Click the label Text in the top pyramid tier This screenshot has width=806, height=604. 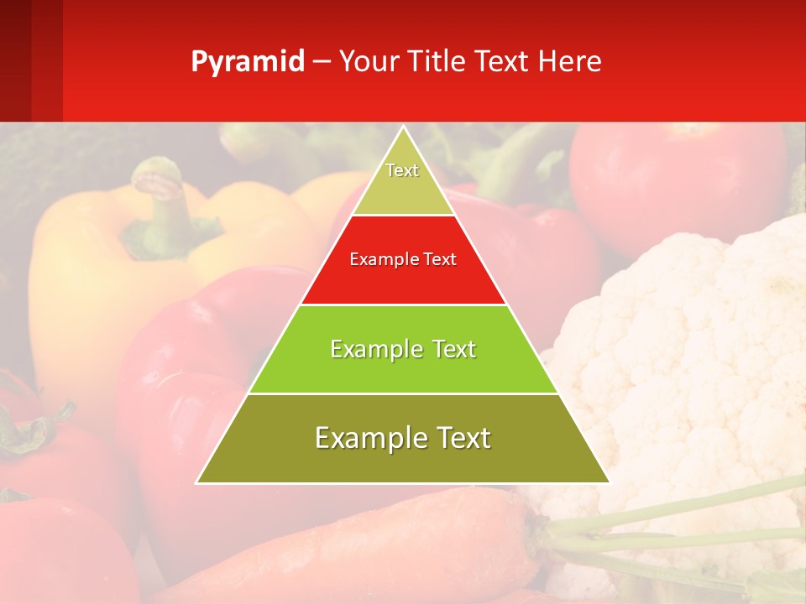click(402, 170)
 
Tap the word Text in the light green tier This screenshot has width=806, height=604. click(449, 349)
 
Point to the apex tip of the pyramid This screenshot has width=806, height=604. click(403, 128)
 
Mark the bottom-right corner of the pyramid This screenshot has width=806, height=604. click(609, 482)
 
